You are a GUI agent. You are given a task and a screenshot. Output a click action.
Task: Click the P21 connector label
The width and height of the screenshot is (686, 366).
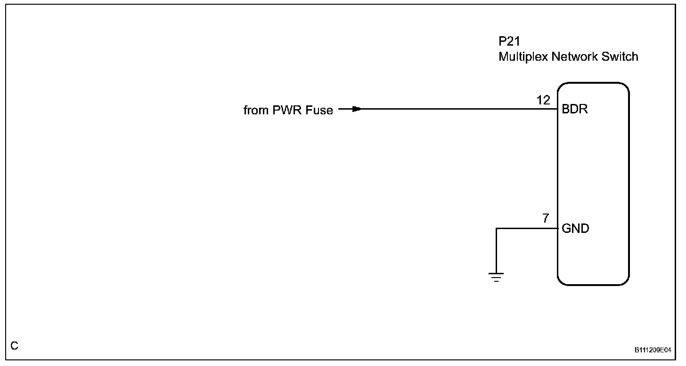[509, 41]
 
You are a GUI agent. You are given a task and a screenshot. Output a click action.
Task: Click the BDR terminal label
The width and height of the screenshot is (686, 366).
[575, 110]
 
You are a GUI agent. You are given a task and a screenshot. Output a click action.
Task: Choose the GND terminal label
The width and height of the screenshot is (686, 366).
[575, 229]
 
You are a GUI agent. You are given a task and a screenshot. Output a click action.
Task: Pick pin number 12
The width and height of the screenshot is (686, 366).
[543, 100]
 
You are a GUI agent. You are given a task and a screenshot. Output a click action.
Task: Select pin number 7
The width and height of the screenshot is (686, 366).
[546, 218]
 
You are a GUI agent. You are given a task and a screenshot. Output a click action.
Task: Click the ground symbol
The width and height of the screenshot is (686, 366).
[496, 277]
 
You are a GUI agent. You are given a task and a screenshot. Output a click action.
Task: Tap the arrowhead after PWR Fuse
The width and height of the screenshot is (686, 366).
[356, 109]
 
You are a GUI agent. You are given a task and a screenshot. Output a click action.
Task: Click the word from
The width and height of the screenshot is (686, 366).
[254, 110]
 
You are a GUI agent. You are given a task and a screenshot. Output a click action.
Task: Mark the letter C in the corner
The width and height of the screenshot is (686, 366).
[15, 346]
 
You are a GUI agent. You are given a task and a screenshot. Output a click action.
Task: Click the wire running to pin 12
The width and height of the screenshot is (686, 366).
[452, 109]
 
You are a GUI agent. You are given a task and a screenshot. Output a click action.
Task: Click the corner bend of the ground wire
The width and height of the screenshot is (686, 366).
[496, 229]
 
